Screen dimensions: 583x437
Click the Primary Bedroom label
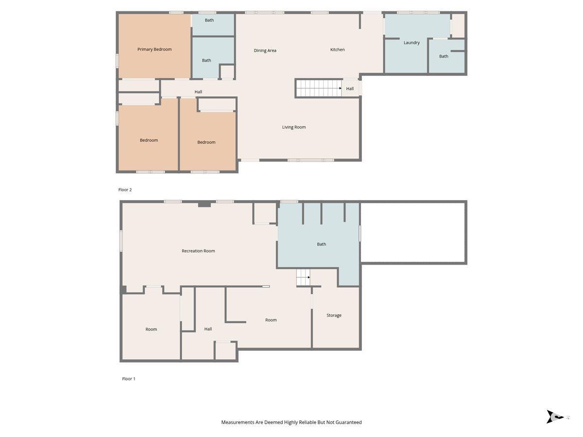[x=154, y=50]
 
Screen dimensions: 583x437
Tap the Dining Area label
[x=265, y=50]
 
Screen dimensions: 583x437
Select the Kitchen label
[x=337, y=50]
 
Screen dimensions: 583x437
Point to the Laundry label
[x=412, y=43]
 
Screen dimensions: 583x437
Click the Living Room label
[x=294, y=127]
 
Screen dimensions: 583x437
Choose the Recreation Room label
[x=198, y=251]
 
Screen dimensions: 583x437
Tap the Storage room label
[x=334, y=315]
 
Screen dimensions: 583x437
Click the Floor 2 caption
[x=125, y=190]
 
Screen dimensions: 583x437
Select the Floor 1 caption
[x=129, y=379]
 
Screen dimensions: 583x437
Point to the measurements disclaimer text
[x=291, y=422]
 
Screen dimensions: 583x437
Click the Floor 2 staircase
[x=319, y=88]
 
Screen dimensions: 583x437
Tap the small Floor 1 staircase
[x=303, y=277]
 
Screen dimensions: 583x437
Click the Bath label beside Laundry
[x=444, y=56]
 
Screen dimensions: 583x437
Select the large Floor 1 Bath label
[x=322, y=244]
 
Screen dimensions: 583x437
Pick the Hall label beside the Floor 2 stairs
[x=350, y=89]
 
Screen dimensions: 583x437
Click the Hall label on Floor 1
[x=208, y=329]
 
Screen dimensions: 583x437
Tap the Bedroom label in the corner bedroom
[x=149, y=140]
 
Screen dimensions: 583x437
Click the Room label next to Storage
[x=271, y=320]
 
